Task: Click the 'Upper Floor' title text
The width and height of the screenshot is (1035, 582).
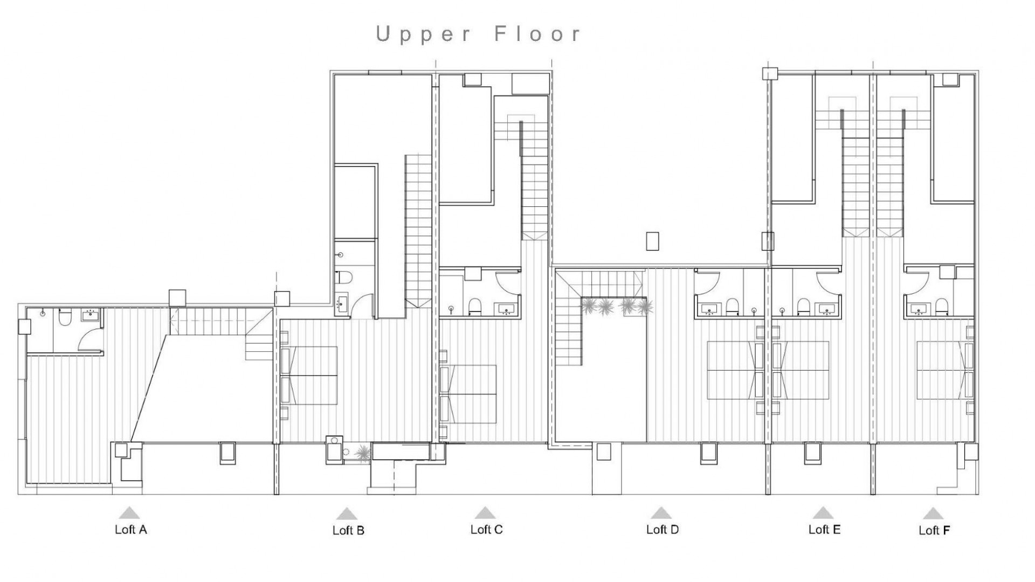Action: tap(479, 34)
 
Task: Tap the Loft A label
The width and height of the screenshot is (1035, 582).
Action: tap(130, 529)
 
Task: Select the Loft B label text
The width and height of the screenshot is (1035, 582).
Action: tap(348, 530)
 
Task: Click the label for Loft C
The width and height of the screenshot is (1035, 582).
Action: tap(486, 529)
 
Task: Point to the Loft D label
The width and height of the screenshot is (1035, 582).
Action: tap(663, 529)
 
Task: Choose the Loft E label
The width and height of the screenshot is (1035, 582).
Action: tap(824, 529)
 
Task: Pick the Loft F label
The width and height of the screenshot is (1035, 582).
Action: tap(934, 530)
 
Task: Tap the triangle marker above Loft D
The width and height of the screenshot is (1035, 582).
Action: tap(661, 512)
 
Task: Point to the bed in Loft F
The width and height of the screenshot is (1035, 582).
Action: tap(941, 370)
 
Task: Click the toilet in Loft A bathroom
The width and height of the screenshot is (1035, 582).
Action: tap(64, 318)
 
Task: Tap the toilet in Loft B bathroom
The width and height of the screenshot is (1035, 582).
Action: tap(343, 278)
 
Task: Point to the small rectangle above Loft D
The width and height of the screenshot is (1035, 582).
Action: tap(652, 241)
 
